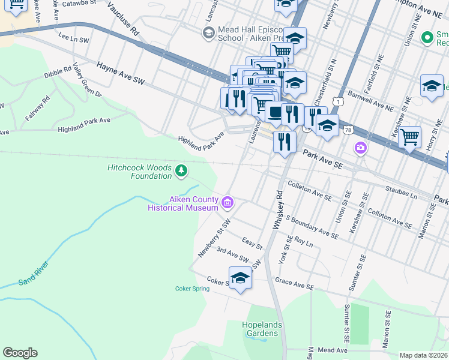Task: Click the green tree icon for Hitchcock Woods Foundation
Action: (181, 172)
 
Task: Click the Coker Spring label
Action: (192, 289)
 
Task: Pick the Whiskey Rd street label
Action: (278, 209)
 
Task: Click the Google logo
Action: (20, 353)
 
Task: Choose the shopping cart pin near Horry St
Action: (409, 137)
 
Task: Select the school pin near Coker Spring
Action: (240, 278)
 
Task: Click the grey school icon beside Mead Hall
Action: (209, 33)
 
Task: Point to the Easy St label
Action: (252, 244)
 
